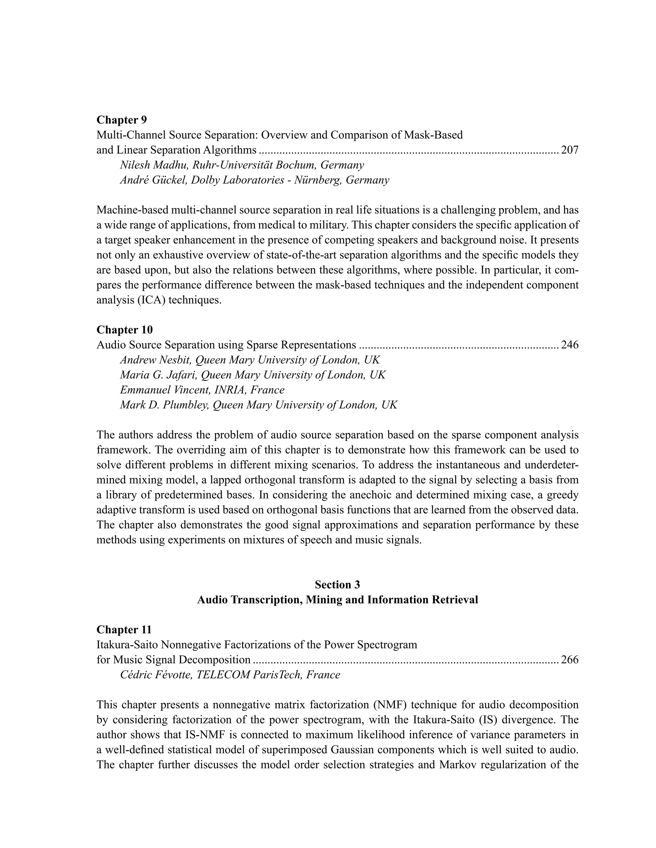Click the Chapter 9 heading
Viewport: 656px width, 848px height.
(x=122, y=120)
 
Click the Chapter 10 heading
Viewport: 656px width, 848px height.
(x=124, y=330)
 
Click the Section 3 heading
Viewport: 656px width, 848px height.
(x=337, y=585)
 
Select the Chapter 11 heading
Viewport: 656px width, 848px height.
(x=124, y=629)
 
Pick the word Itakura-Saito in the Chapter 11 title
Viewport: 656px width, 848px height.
(x=127, y=645)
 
